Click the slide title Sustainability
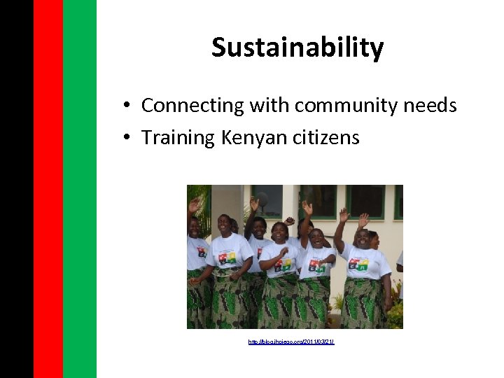click(297, 48)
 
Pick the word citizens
click(326, 138)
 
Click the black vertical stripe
click(16, 189)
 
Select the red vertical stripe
click(48, 189)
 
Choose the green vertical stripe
click(80, 189)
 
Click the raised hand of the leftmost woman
click(194, 204)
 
